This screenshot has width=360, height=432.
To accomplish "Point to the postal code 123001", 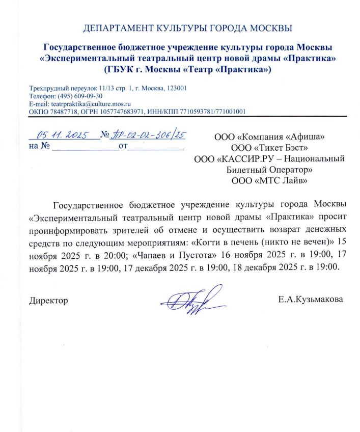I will click(178, 88).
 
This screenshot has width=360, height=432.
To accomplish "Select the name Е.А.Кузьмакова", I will click(310, 300).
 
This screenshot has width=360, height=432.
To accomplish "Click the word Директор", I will click(49, 300).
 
